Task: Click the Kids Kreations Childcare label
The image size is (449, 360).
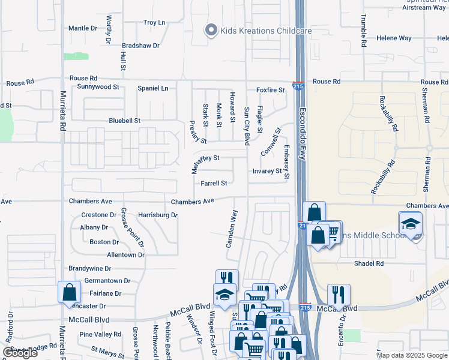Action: (256, 31)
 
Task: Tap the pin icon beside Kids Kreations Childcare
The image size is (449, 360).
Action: (211, 30)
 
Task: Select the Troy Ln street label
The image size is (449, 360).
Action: (154, 23)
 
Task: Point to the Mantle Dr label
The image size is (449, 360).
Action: (83, 28)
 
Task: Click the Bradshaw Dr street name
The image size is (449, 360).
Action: (140, 46)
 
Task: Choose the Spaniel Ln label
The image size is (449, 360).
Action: (153, 88)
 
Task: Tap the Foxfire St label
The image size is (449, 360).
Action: (270, 90)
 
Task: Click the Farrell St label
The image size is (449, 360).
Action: (214, 184)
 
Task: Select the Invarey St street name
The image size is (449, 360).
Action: (267, 171)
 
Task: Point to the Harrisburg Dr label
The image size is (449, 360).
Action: (158, 215)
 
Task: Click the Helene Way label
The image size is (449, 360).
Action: (394, 38)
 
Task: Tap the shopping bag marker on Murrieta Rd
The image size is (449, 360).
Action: (70, 292)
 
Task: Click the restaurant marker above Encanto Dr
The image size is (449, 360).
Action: (339, 295)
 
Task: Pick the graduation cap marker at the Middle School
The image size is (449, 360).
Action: (410, 224)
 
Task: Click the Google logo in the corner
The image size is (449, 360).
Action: (20, 353)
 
